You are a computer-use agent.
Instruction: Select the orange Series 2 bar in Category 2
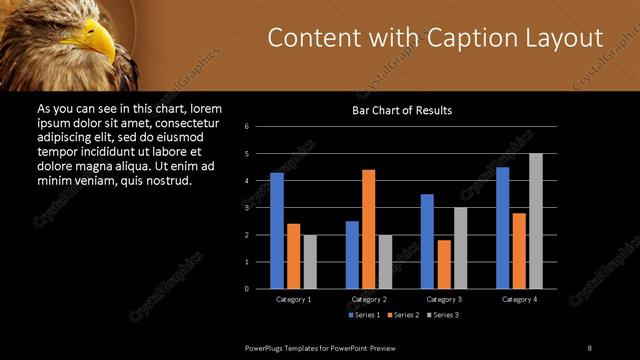coord(369,229)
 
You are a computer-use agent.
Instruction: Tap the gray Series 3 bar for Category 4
coord(536,221)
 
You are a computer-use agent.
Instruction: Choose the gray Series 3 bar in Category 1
coord(310,262)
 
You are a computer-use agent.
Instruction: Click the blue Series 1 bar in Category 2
coord(352,255)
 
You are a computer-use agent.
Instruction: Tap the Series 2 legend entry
coord(403,315)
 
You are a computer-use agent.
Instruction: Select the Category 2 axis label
coord(369,299)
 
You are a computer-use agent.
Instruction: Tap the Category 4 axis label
coord(519,299)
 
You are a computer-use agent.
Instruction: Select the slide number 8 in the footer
coord(589,347)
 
